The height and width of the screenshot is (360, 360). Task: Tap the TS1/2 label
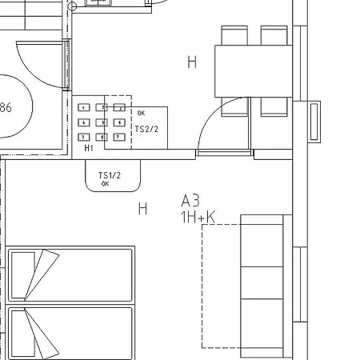coord(109,175)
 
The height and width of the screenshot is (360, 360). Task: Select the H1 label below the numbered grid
coord(88,148)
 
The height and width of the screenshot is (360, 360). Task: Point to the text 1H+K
coord(198,216)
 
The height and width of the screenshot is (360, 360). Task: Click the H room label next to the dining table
coord(191,62)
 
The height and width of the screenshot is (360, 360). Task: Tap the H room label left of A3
coord(142,210)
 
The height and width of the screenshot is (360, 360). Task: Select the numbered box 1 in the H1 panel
coord(83,107)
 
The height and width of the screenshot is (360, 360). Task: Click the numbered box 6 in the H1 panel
coord(119,122)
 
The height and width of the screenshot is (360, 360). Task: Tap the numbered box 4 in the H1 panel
coord(83,122)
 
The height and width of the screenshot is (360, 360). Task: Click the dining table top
coord(254,71)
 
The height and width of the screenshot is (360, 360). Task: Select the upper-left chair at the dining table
coord(234,35)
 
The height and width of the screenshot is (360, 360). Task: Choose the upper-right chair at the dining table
coord(274,35)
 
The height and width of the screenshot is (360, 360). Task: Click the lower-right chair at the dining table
coord(274,107)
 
